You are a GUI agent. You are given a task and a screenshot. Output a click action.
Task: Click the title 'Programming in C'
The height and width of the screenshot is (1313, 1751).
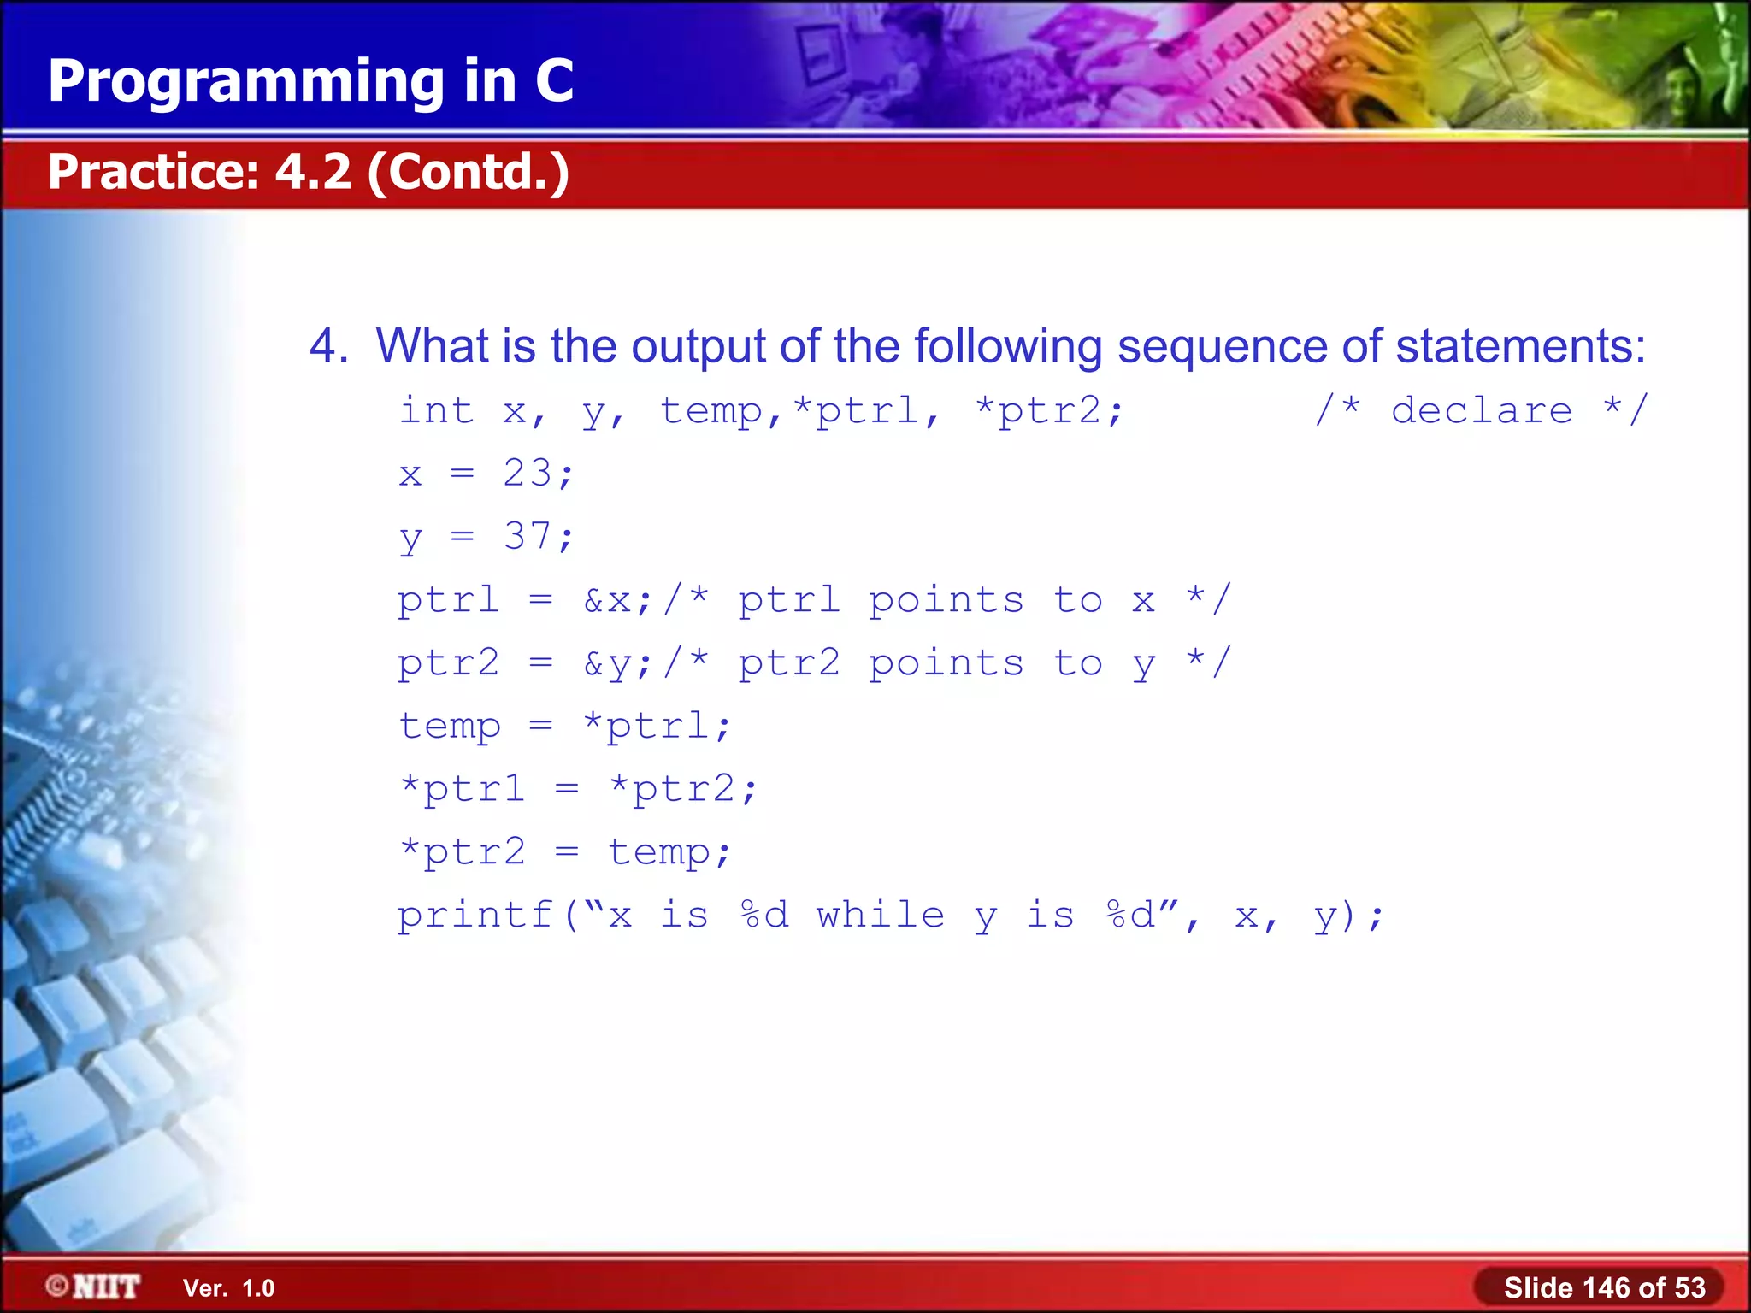[x=310, y=81]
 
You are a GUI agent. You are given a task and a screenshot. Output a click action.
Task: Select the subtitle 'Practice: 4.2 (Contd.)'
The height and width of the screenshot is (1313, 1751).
[x=308, y=172]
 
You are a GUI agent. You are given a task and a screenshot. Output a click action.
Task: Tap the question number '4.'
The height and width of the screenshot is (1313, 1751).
[x=328, y=346]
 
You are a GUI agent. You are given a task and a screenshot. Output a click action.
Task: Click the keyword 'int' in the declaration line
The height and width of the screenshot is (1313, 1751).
[x=436, y=410]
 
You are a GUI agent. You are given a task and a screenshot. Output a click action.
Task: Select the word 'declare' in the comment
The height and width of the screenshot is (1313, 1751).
[x=1481, y=410]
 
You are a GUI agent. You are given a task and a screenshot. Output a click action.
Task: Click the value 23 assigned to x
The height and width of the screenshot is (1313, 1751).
[x=528, y=473]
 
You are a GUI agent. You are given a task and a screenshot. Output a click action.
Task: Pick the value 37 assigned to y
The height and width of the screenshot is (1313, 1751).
[x=528, y=536]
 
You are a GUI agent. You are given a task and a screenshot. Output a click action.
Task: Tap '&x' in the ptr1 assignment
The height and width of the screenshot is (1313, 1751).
[x=608, y=600]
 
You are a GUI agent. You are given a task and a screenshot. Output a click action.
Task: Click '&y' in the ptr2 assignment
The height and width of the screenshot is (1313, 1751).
[x=608, y=663]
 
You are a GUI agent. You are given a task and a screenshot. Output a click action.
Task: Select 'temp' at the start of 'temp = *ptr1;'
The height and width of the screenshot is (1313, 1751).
[x=450, y=727]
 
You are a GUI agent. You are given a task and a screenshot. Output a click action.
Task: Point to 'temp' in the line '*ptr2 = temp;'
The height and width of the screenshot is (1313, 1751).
[x=658, y=852]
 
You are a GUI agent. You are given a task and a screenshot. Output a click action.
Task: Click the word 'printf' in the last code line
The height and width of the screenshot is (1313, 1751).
[x=475, y=916]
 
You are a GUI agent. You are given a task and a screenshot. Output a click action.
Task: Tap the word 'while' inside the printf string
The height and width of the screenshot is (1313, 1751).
[x=881, y=916]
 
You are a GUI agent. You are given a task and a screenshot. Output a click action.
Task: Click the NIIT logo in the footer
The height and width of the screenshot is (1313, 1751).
[x=94, y=1287]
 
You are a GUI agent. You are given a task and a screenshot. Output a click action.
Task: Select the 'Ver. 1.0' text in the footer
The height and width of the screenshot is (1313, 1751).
[x=228, y=1288]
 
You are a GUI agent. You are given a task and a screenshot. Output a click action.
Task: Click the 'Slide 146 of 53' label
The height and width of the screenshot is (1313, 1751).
[x=1604, y=1287]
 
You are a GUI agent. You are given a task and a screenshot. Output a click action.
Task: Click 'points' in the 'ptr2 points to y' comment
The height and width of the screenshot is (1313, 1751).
[x=946, y=663]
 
